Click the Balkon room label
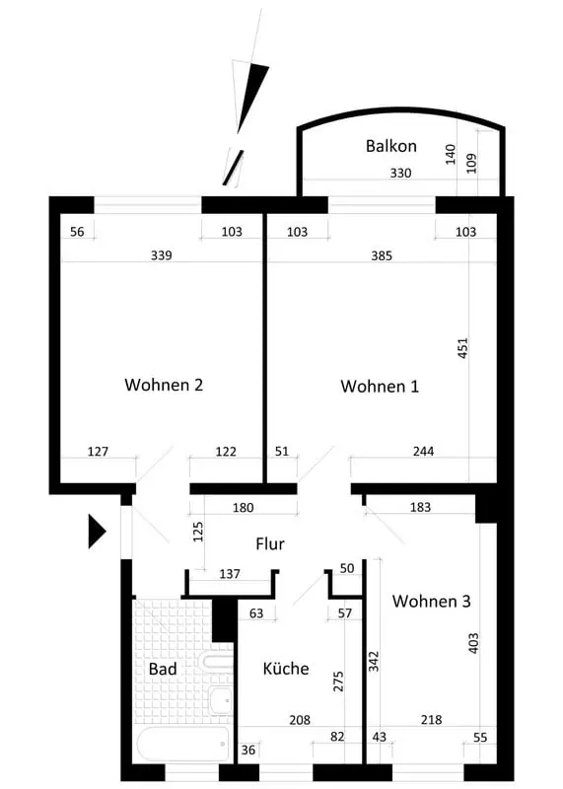point(390,146)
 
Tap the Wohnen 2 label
point(164,385)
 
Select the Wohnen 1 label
point(380,387)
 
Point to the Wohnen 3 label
point(431,601)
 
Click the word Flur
point(270,544)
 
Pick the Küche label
point(286,669)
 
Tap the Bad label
point(163,670)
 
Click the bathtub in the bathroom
point(182,745)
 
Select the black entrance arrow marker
point(97,531)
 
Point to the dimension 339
point(161,255)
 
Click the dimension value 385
point(382,256)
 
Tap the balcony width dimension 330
point(400,174)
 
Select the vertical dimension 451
point(462,348)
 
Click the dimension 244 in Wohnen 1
point(423,452)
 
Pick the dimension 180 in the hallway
point(243,508)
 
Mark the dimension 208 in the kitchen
point(300,720)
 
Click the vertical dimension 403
point(473,643)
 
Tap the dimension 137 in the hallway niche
point(230,574)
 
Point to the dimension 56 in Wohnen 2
point(77,232)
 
